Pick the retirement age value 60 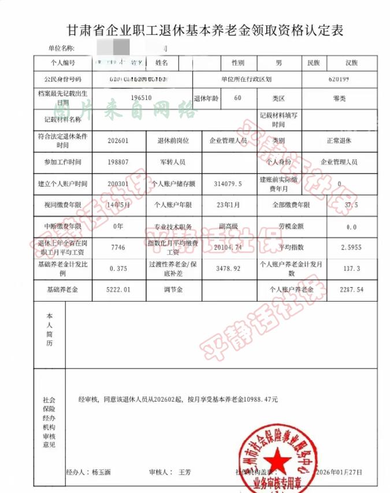(237, 98)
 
